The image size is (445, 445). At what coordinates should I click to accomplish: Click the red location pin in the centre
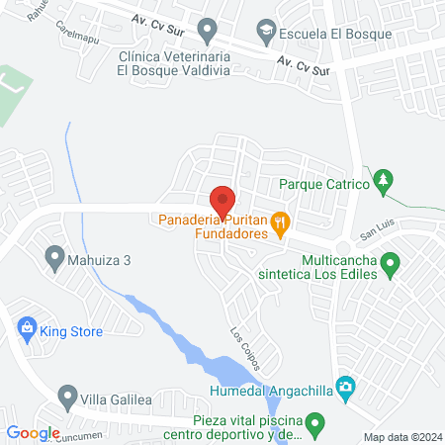pyautogui.click(x=222, y=197)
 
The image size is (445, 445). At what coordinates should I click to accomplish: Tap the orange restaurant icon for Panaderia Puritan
pyautogui.click(x=281, y=221)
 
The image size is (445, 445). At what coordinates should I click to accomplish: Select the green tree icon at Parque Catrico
pyautogui.click(x=385, y=182)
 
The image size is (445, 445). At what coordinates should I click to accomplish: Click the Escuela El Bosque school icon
pyautogui.click(x=266, y=32)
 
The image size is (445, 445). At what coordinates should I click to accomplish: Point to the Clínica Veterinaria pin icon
pyautogui.click(x=206, y=32)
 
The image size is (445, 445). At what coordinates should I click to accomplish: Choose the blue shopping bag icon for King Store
pyautogui.click(x=27, y=328)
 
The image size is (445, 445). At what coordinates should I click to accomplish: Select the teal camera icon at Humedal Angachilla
pyautogui.click(x=344, y=386)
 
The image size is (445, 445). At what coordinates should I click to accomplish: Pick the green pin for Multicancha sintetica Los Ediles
pyautogui.click(x=391, y=264)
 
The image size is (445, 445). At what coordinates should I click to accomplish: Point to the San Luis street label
pyautogui.click(x=376, y=233)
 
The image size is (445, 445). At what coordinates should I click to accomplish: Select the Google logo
pyautogui.click(x=33, y=433)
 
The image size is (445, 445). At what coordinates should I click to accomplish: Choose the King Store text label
pyautogui.click(x=71, y=332)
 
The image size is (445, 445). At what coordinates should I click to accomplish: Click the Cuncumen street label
pyautogui.click(x=80, y=435)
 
